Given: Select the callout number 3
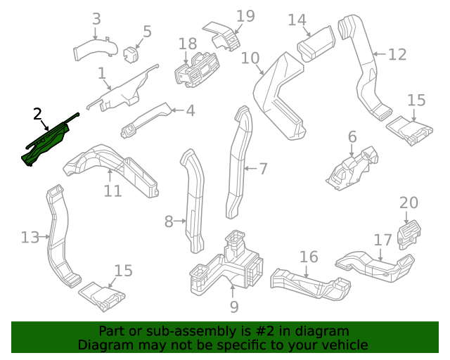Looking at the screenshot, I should (x=96, y=19).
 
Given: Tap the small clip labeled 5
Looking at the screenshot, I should (x=131, y=54).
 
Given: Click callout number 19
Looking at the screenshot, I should (x=245, y=16).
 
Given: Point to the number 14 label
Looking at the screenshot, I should (x=297, y=20).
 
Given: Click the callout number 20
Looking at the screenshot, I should (x=409, y=203).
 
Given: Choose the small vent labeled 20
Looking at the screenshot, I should (x=409, y=234).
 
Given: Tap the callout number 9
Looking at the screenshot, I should (x=234, y=307).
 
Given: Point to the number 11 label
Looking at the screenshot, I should (x=112, y=191).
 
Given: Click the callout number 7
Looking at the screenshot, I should (x=263, y=169).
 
